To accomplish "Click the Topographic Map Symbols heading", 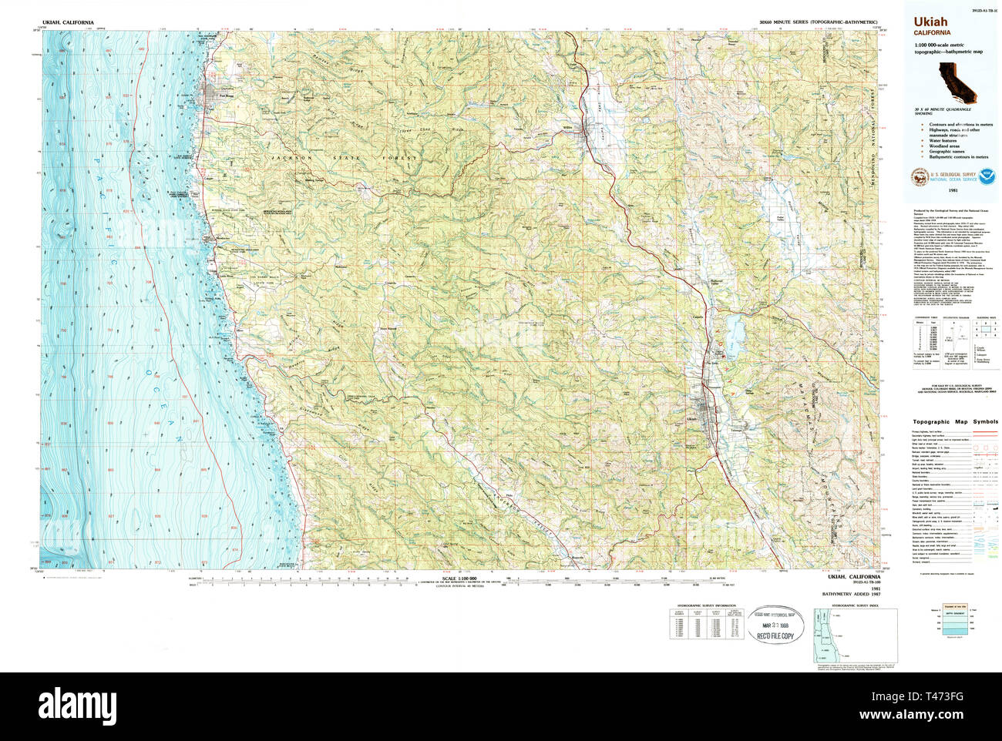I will [955, 422].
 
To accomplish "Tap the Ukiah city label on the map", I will [691, 418].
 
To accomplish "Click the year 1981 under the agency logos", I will [953, 189].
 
